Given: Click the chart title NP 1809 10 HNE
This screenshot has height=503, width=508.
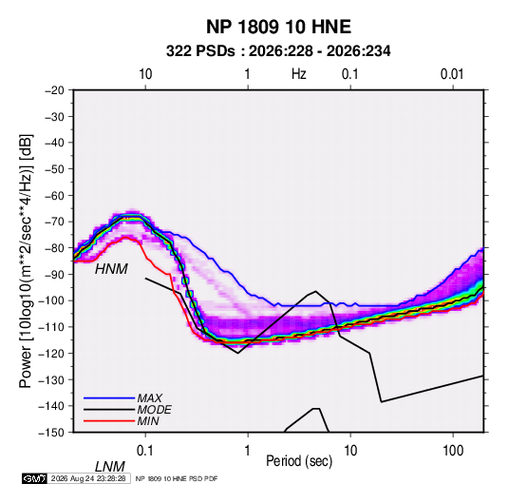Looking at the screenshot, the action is (278, 27).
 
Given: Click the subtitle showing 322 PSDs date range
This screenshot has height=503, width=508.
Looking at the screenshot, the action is (278, 51).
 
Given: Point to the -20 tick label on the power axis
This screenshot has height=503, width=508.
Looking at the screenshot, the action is (54, 90).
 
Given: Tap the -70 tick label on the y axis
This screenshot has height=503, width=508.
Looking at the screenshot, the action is (54, 222).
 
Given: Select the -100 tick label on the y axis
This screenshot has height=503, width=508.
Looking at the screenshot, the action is (51, 300).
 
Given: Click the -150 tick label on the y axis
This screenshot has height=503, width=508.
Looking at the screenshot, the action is (51, 433).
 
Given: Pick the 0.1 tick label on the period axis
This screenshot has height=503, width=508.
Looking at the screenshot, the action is (145, 451).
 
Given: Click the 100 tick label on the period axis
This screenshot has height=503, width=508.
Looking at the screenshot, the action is (453, 451).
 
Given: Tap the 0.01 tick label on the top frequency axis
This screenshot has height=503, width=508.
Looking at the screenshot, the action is (452, 74).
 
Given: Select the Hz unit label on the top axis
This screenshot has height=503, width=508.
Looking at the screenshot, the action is (299, 74).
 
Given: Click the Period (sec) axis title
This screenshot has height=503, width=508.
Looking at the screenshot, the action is (299, 461).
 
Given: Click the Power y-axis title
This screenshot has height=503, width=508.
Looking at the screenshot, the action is (26, 261).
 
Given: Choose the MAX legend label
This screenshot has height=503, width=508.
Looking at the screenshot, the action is (150, 398).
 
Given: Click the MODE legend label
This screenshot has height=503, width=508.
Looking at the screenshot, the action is (154, 410).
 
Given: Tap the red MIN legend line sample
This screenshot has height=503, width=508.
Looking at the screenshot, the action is (109, 421).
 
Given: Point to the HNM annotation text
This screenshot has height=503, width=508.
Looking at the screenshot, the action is (111, 269).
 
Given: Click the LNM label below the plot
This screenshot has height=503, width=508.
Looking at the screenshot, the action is (110, 467).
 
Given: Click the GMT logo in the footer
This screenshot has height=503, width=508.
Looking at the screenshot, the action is (34, 478).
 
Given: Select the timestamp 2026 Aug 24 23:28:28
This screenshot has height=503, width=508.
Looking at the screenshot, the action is (88, 478).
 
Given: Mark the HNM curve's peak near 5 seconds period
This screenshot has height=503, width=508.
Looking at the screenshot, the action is (315, 291).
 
